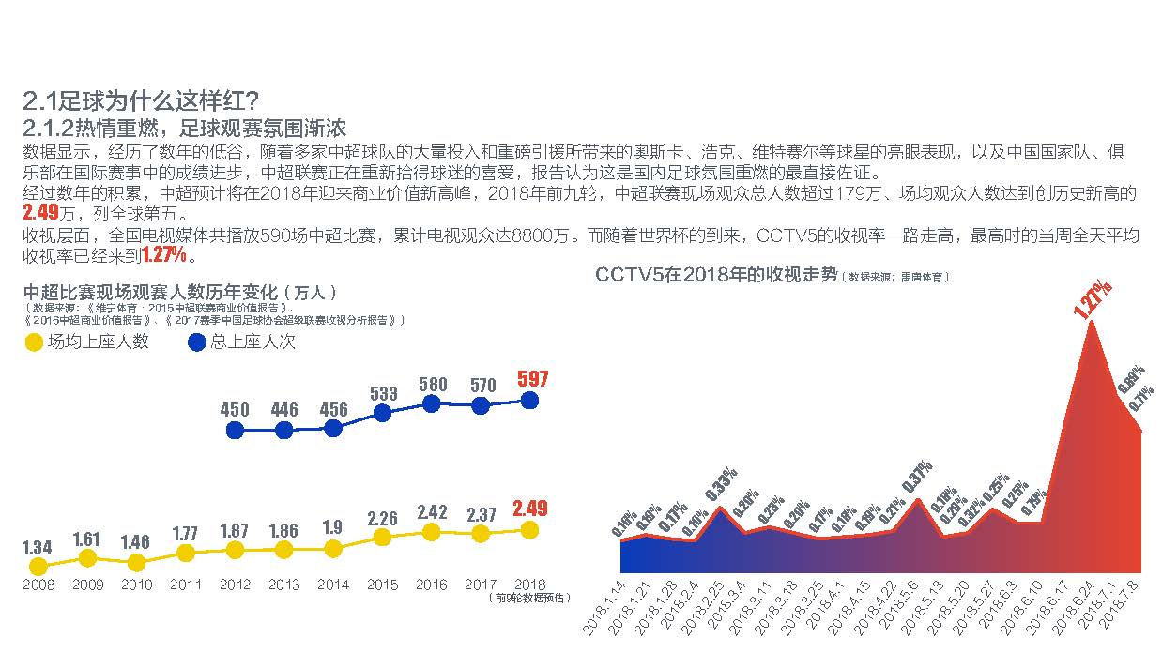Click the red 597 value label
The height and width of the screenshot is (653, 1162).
pos(532,380)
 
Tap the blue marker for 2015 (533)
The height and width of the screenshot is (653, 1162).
pos(382,413)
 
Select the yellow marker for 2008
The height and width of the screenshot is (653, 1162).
pos(38,567)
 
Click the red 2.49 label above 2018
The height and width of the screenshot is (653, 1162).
pos(530,509)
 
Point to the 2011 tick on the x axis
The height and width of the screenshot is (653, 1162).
pos(186,585)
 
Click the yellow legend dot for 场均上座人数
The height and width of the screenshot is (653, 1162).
pos(33,342)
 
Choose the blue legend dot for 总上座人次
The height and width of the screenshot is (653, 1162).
pos(196,342)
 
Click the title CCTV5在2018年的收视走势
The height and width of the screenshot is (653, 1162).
pos(715,275)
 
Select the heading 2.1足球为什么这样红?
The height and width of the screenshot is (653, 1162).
pos(142,100)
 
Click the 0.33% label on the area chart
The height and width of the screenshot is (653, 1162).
pos(720,483)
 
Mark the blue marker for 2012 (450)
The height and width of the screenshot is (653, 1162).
pos(235,431)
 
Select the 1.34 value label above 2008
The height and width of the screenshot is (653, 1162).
pos(38,546)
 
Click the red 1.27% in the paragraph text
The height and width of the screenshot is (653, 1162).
pos(163,255)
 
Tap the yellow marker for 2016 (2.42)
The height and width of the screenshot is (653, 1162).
pos(432,532)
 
